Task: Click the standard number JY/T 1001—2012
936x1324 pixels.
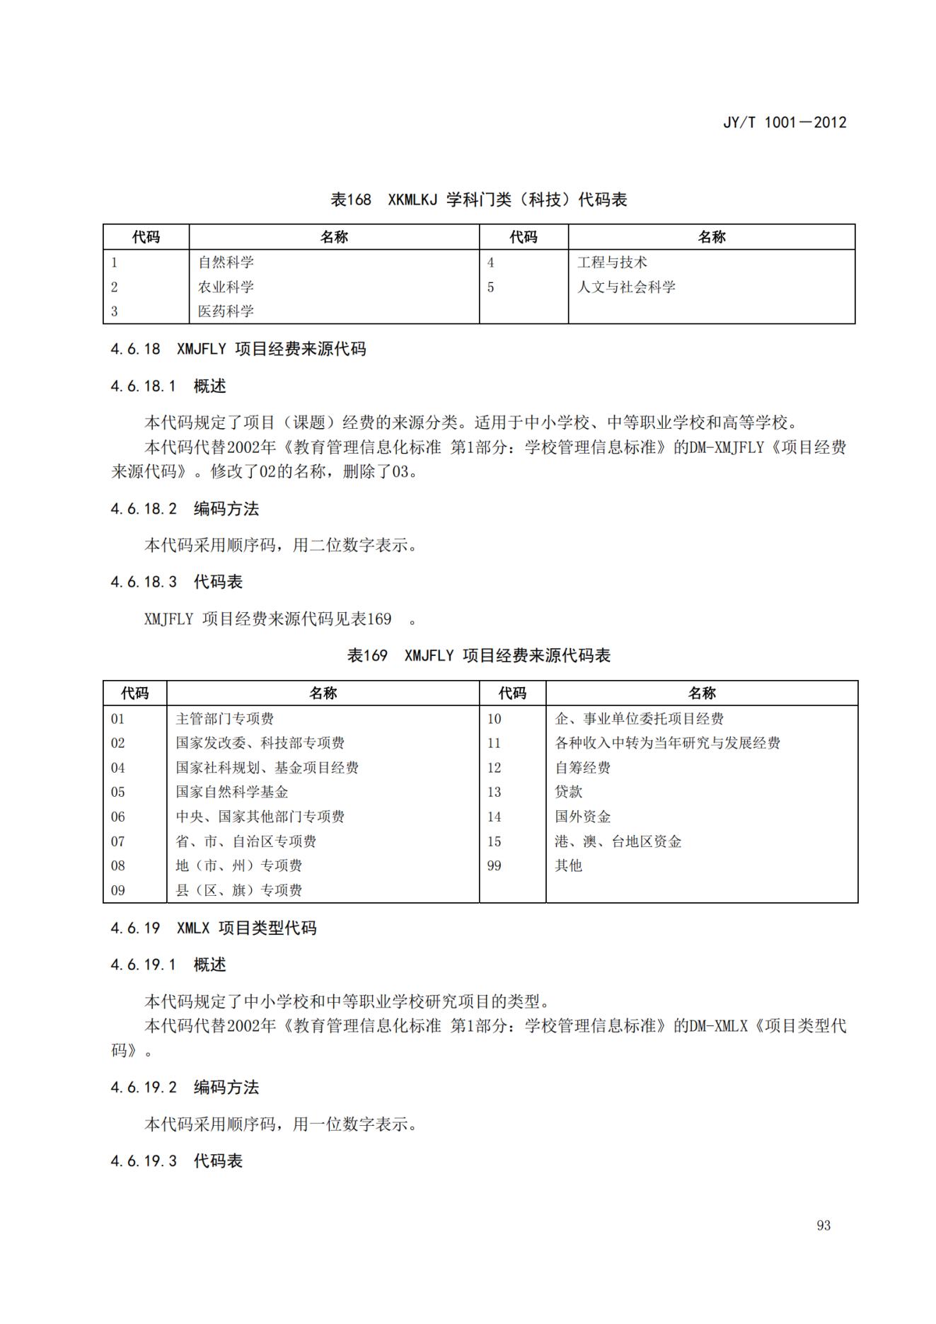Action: pyautogui.click(x=784, y=122)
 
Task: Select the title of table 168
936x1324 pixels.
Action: pyautogui.click(x=478, y=200)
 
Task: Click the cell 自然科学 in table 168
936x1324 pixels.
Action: pyautogui.click(x=226, y=263)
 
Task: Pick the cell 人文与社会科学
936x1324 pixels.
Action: pyautogui.click(x=626, y=287)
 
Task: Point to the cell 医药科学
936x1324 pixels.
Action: pyautogui.click(x=226, y=311)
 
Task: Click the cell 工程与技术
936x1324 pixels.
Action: pyautogui.click(x=612, y=263)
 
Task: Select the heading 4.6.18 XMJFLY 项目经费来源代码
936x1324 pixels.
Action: pyautogui.click(x=238, y=349)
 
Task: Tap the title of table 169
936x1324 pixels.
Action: pyautogui.click(x=478, y=655)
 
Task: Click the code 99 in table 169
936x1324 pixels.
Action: pyautogui.click(x=494, y=865)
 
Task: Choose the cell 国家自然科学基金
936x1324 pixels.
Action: pyautogui.click(x=232, y=792)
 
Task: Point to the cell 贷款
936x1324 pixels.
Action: pyautogui.click(x=569, y=792)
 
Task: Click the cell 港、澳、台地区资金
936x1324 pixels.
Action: pyautogui.click(x=618, y=841)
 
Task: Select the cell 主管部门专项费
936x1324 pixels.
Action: pyautogui.click(x=225, y=719)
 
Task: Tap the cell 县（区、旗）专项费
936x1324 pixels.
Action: pyautogui.click(x=239, y=890)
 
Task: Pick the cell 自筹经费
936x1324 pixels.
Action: pyautogui.click(x=583, y=768)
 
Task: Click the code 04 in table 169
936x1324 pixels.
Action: pyautogui.click(x=118, y=768)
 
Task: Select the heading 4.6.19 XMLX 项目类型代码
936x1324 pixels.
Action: pyautogui.click(x=214, y=928)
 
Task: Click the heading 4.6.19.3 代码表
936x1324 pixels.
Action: pyautogui.click(x=177, y=1161)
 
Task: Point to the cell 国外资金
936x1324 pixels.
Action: pyautogui.click(x=583, y=817)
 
